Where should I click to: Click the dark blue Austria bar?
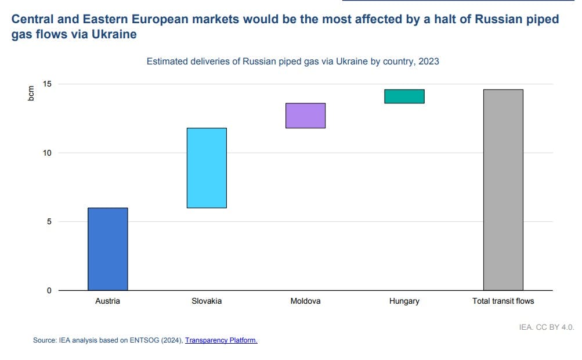(108, 249)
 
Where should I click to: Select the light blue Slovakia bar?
(207, 168)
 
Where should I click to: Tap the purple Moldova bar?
(305, 116)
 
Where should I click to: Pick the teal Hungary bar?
(404, 96)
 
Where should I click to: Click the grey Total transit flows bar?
(503, 190)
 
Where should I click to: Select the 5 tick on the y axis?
(49, 222)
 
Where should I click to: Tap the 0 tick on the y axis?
(49, 290)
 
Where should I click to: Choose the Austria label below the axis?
(108, 301)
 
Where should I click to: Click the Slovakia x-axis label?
(207, 301)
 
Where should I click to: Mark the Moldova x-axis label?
(305, 301)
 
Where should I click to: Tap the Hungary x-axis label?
(404, 301)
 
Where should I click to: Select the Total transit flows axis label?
(503, 301)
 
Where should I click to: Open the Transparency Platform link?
(221, 341)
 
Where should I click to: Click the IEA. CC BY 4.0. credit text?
(547, 327)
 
